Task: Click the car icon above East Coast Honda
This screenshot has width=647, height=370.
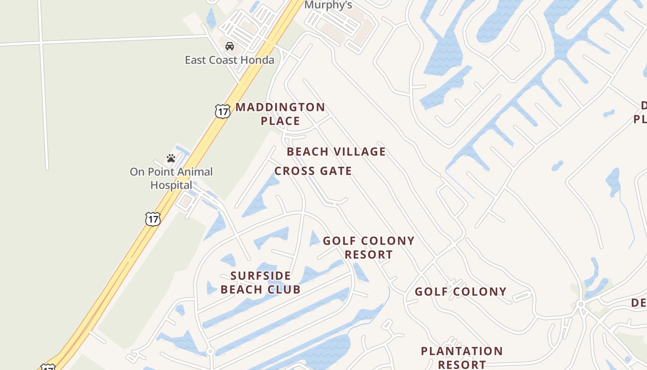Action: pos(229,46)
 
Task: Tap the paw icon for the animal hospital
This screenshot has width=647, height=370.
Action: pos(171,158)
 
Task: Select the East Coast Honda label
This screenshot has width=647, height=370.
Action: pos(229,60)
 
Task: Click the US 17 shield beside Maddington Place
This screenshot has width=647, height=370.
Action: pos(222,111)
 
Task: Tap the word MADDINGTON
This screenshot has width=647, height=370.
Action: pos(280,107)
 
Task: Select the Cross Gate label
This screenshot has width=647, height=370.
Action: pos(313,171)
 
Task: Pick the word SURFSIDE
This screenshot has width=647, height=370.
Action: pos(261,276)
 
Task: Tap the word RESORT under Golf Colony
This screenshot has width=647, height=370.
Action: pos(368,255)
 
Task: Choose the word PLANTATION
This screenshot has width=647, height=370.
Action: pos(462,351)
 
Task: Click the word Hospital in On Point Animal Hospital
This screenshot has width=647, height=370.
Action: pos(171,185)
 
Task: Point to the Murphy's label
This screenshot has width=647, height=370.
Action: pos(328,5)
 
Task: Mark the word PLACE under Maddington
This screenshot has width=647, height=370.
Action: pos(280,121)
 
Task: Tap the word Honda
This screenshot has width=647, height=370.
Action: pos(259,60)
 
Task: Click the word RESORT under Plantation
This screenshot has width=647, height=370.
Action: pos(462,364)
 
